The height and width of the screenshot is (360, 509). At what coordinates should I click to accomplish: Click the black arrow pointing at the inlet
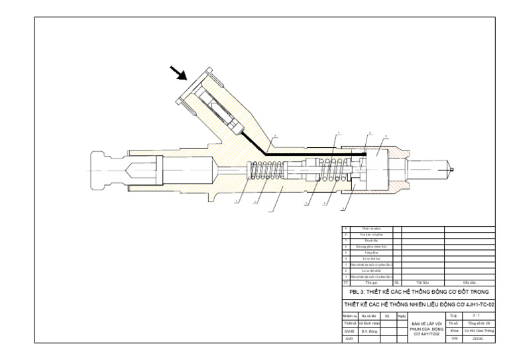point(178,72)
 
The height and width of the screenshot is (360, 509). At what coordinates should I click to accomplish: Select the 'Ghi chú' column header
point(470,282)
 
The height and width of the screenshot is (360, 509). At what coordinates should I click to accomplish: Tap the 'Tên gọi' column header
point(371,282)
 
